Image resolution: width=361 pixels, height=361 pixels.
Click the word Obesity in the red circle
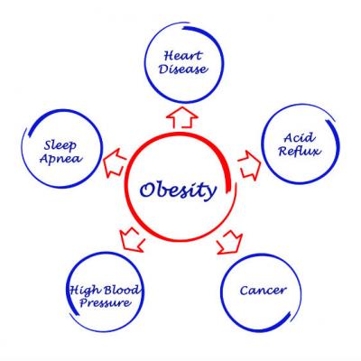click(178, 190)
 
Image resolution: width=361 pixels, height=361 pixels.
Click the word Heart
click(183, 56)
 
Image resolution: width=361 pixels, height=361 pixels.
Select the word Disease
click(183, 69)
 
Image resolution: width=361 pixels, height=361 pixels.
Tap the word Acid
click(300, 138)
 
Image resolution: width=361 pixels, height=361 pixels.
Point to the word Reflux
click(300, 151)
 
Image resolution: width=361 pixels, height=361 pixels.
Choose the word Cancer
click(263, 291)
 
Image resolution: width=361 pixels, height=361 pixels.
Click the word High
click(84, 291)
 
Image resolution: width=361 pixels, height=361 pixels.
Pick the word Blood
click(122, 290)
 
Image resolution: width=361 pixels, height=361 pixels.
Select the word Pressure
click(106, 302)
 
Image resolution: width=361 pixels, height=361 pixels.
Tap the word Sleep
click(60, 145)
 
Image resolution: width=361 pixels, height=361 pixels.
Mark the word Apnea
click(61, 159)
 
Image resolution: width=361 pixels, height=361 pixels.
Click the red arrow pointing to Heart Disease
click(182, 117)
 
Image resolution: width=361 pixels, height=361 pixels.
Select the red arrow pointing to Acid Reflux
click(249, 165)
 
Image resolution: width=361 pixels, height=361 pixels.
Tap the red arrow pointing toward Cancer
click(230, 243)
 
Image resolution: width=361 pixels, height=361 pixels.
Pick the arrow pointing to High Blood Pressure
click(132, 239)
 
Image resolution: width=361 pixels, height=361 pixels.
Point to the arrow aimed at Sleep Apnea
click(115, 162)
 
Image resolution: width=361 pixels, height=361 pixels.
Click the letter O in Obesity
click(148, 190)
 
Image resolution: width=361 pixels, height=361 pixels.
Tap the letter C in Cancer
click(245, 291)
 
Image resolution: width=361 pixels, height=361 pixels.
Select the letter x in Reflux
click(316, 152)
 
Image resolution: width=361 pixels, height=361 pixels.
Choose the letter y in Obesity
click(210, 192)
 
